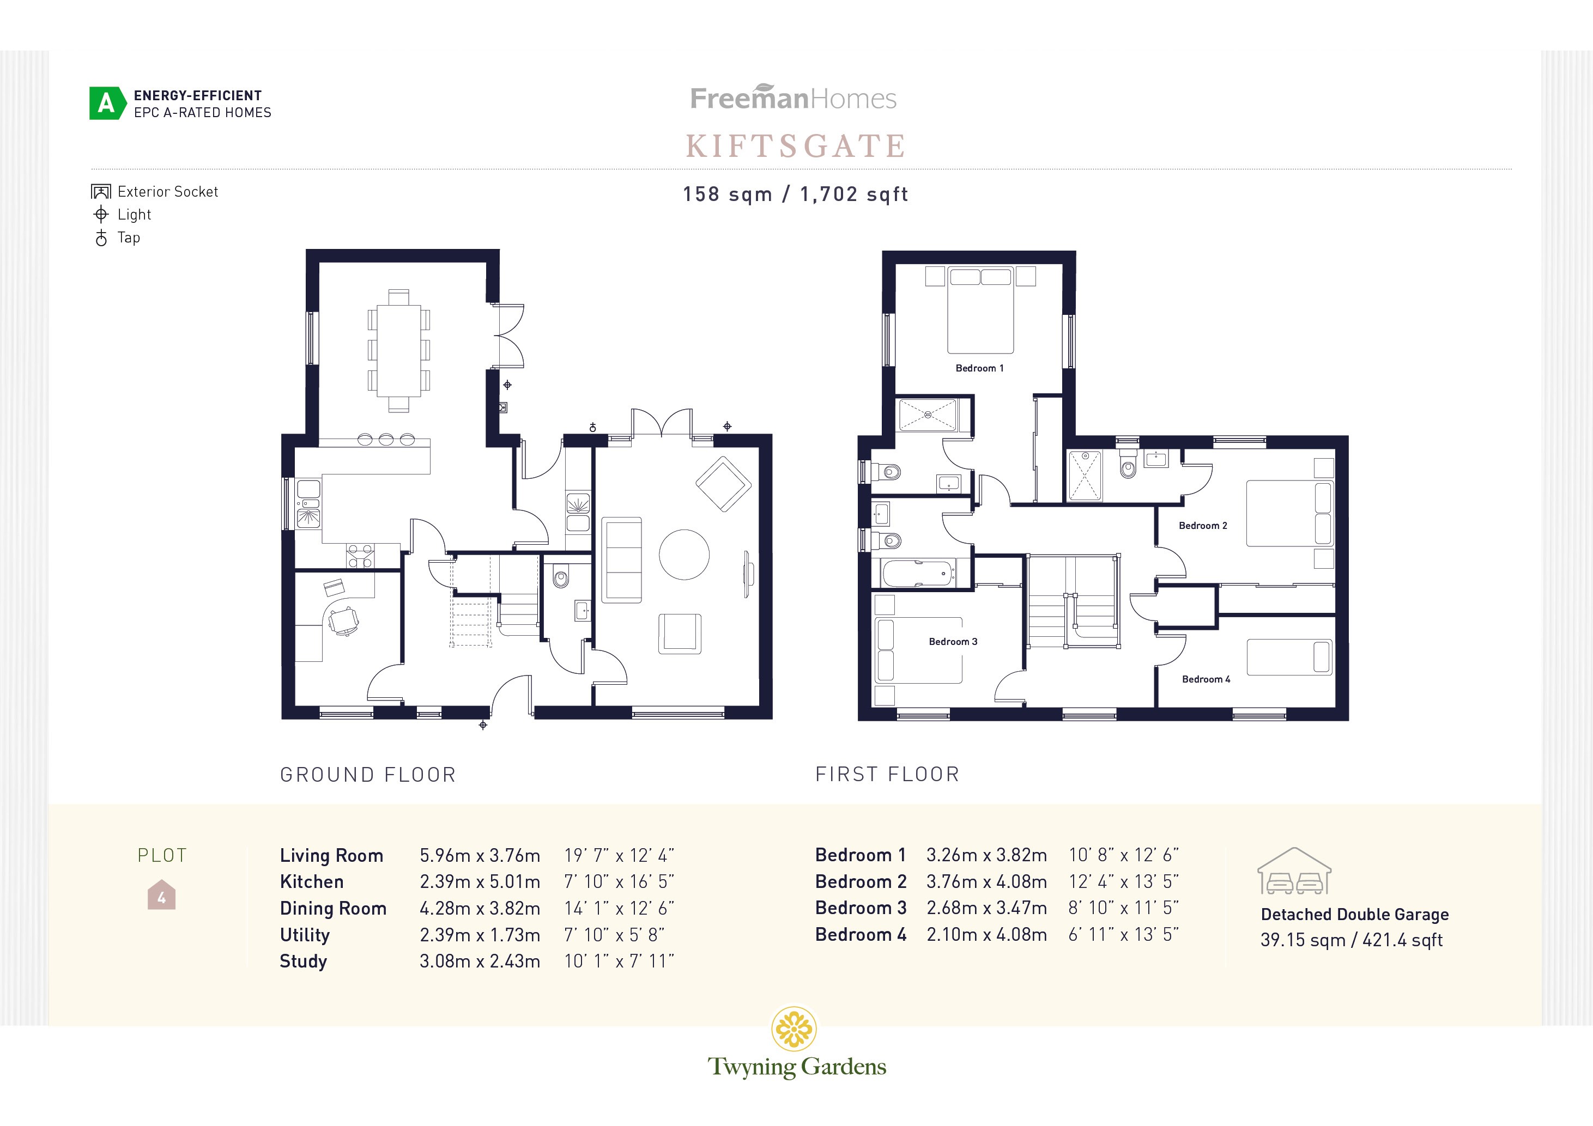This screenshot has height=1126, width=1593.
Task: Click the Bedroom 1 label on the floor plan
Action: click(x=979, y=368)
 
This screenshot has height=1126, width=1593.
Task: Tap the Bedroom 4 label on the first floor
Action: click(x=1206, y=679)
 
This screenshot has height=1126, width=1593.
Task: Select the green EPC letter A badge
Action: click(x=106, y=104)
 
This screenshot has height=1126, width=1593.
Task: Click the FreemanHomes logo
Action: click(x=793, y=99)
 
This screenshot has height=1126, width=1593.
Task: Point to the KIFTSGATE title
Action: click(x=796, y=147)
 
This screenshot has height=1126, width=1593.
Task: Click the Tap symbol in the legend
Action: click(x=101, y=238)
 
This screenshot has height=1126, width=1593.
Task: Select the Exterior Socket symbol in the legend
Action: click(x=101, y=191)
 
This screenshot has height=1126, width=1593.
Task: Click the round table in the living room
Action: click(x=683, y=554)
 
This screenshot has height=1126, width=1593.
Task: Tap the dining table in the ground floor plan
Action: click(x=398, y=350)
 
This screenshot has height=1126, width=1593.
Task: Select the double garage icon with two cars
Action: click(x=1294, y=872)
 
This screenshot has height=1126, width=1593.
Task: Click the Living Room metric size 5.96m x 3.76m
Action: click(x=480, y=856)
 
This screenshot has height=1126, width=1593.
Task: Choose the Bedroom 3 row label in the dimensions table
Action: click(x=861, y=908)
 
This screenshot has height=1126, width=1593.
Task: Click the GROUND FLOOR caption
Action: click(x=368, y=775)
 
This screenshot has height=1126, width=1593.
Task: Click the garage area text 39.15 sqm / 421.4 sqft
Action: click(x=1351, y=940)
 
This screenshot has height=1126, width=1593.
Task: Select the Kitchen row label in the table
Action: click(x=312, y=882)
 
